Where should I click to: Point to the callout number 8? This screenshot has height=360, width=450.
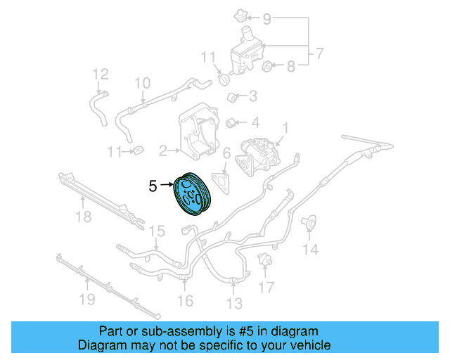point(291,67)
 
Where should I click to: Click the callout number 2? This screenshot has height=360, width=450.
point(162,150)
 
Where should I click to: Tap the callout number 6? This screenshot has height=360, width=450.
point(226,153)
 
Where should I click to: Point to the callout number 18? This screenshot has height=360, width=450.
point(84,217)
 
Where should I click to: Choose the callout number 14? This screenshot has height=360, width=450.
point(310,248)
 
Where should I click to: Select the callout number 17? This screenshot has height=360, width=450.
point(265,287)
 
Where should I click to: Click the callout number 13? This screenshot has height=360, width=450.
point(234,303)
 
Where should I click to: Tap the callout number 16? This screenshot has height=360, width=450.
point(185,302)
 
